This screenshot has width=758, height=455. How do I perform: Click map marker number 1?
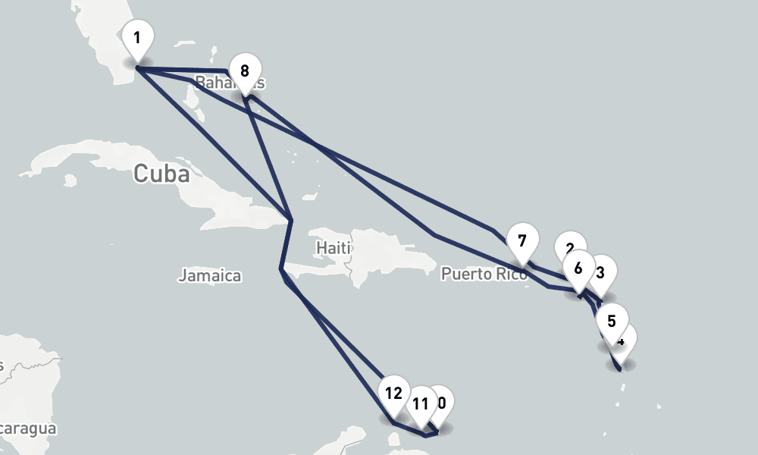tap(137, 39)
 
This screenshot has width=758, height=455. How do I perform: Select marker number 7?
tap(522, 243)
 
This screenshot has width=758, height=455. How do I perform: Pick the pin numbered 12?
tap(393, 394)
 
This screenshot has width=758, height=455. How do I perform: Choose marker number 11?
tap(420, 403)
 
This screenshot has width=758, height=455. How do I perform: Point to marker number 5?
tap(612, 319)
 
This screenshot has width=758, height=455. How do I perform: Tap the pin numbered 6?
tap(578, 268)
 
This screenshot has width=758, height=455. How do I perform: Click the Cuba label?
tap(161, 174)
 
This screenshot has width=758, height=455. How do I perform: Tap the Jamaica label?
tap(210, 275)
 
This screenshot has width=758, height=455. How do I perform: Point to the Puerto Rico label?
tap(484, 274)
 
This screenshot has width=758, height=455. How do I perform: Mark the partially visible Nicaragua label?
tap(27, 429)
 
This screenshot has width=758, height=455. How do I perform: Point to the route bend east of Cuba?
tap(291, 220)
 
